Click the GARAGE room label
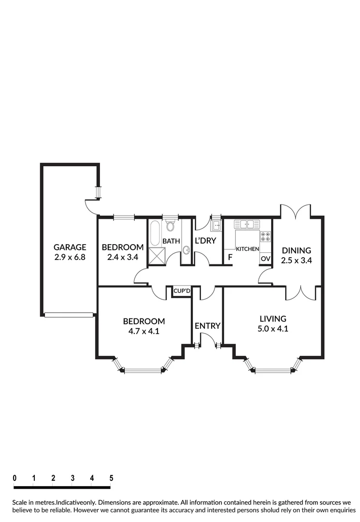tap(70, 247)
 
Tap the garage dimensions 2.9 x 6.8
tap(70, 257)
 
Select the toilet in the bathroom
tap(170, 226)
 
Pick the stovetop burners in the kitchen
tap(266, 237)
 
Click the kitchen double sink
tap(247, 224)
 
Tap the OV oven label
tap(265, 259)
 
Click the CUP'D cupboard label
tap(182, 291)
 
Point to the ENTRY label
tap(207, 326)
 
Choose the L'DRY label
tap(205, 241)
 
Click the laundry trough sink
tap(215, 226)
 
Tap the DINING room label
tap(296, 250)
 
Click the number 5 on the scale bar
tap(111, 478)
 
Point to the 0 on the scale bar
tap(15, 478)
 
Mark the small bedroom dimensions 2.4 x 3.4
tap(123, 257)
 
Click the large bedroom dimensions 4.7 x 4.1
tap(144, 331)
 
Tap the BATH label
tap(171, 241)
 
